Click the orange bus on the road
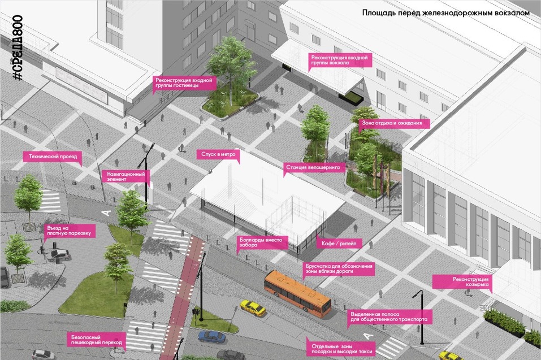point(297,293)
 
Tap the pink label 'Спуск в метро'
point(218,154)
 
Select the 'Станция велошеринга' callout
point(313,167)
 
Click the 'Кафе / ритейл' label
point(339,243)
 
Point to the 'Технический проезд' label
point(53,156)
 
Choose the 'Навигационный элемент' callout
point(125,176)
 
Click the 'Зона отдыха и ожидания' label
point(394,123)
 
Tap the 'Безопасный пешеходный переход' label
point(96,340)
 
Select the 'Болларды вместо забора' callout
point(262,242)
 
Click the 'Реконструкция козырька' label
point(462,281)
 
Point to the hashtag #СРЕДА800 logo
point(18,48)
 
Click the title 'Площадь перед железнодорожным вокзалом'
point(446,13)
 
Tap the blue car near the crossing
point(211,337)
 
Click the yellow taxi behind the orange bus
point(253,307)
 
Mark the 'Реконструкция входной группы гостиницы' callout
point(184,83)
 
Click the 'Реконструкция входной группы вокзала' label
point(340,60)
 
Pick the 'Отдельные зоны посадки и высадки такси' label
point(341,349)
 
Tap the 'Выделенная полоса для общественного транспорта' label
point(389,317)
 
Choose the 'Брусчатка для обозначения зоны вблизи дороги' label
point(339,268)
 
